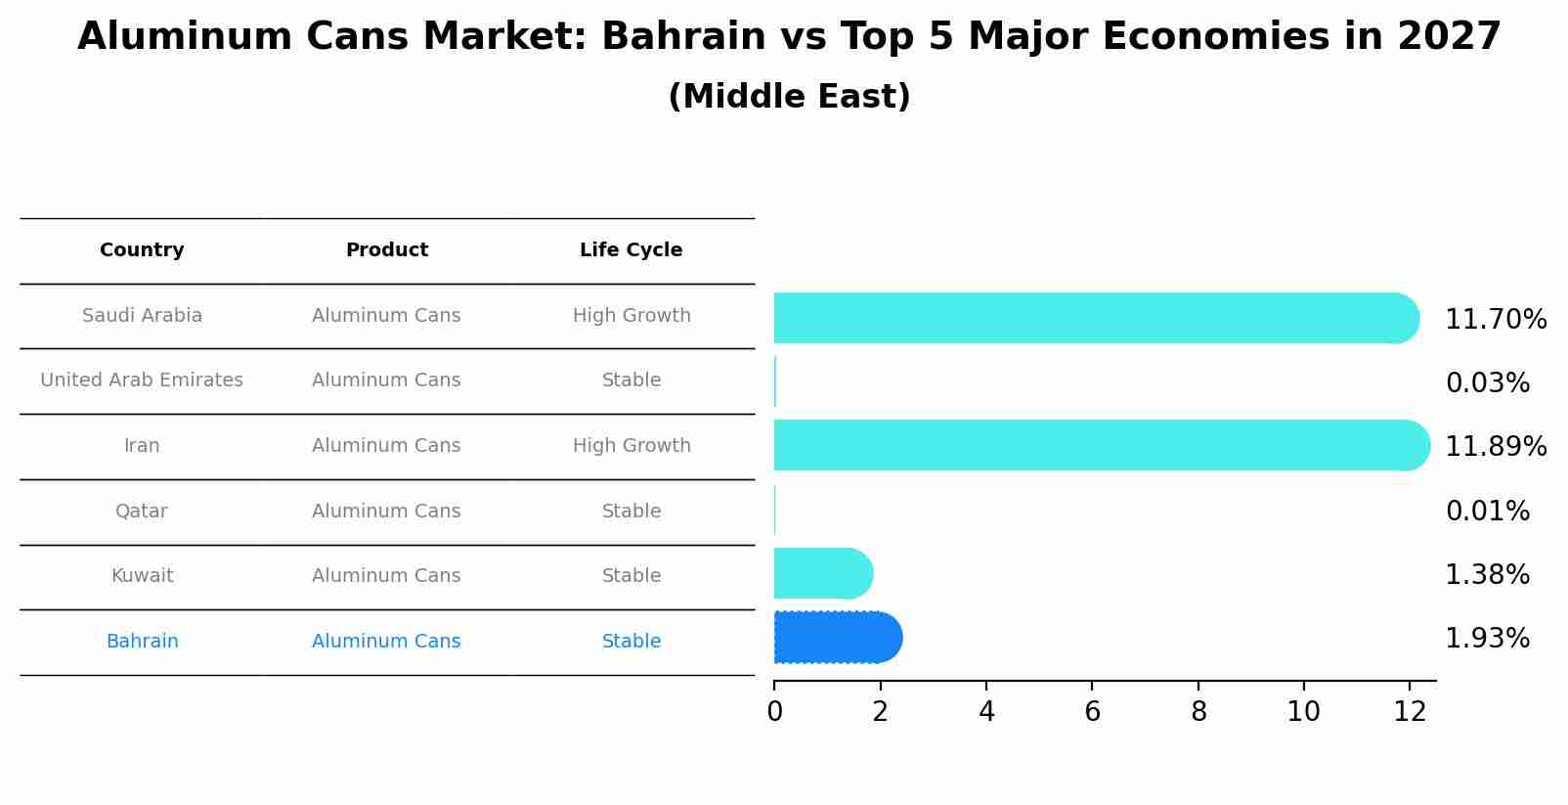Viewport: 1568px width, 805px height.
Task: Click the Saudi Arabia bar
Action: (1095, 318)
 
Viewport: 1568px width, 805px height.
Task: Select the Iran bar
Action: (1100, 445)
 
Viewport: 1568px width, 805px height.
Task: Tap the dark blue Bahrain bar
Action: (837, 638)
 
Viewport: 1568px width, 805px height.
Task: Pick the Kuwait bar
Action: (822, 573)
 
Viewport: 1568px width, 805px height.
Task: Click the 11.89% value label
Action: (1495, 447)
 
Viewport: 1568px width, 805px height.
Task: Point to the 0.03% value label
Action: (1487, 383)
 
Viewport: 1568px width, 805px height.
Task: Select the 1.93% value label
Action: (1487, 639)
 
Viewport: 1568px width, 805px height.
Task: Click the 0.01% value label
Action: (1487, 512)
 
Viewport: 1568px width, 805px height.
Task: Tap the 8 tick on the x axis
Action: (1198, 712)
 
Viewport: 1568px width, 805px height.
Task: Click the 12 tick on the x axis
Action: (1410, 712)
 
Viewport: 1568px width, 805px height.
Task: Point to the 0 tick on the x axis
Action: (774, 712)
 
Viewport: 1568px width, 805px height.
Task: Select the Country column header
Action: (142, 250)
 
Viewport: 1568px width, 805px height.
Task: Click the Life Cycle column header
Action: (631, 250)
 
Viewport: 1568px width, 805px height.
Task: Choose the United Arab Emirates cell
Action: (142, 380)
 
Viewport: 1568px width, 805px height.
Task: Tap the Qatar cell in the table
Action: (142, 512)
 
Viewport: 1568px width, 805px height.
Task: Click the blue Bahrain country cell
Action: (142, 642)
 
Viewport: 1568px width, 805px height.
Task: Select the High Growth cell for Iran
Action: (632, 446)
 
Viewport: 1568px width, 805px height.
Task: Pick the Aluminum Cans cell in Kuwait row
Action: (386, 576)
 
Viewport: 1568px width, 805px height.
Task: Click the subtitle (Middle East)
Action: (789, 97)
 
